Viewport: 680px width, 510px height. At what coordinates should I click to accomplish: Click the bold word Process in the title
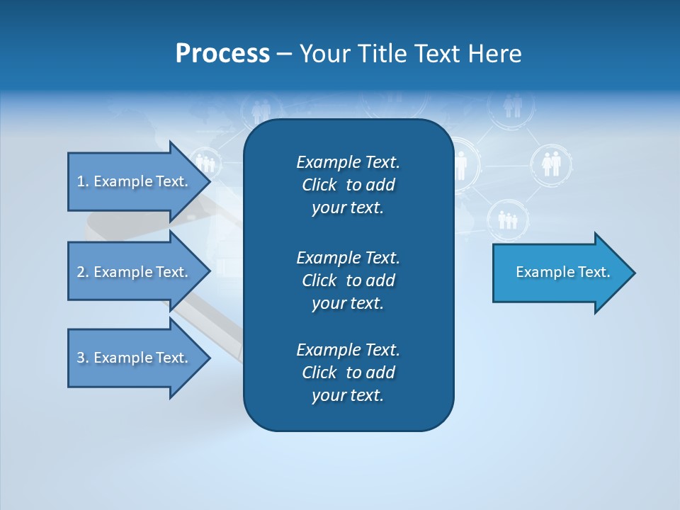coord(222,54)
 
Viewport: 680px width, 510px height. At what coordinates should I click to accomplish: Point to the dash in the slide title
coord(284,55)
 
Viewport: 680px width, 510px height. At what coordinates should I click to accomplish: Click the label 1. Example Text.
coord(132,181)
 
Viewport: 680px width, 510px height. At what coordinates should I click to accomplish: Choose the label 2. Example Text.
coord(132,272)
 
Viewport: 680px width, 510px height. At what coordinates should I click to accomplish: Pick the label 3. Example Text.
coord(132,358)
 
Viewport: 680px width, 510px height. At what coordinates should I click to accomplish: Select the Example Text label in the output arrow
coord(563,272)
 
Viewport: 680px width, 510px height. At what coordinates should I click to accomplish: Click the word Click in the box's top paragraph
coord(319,185)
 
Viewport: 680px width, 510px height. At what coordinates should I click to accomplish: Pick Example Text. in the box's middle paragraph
coord(348,257)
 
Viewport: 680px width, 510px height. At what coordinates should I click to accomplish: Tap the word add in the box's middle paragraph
coord(380,280)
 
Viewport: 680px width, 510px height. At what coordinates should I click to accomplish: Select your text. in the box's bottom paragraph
coord(348,396)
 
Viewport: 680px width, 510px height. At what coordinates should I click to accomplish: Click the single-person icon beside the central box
coord(461,164)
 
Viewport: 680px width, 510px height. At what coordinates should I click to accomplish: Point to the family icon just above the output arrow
coord(507,220)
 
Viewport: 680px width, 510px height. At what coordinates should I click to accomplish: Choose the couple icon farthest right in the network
coord(550,164)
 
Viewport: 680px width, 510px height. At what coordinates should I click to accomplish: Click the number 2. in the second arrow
coord(83,272)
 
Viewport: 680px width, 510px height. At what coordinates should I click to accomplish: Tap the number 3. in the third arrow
coord(83,358)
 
